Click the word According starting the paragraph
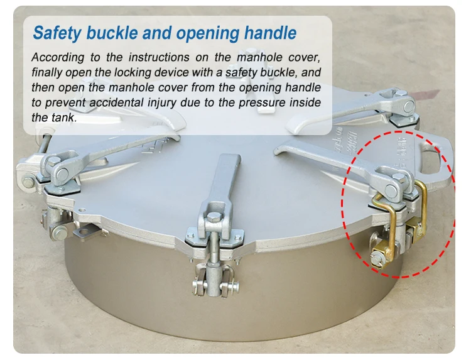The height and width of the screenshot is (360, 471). coord(58,57)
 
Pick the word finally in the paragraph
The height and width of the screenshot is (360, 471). coord(46,72)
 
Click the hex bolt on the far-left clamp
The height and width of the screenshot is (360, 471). coord(28,182)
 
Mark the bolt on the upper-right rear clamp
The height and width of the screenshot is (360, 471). coord(408,104)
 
